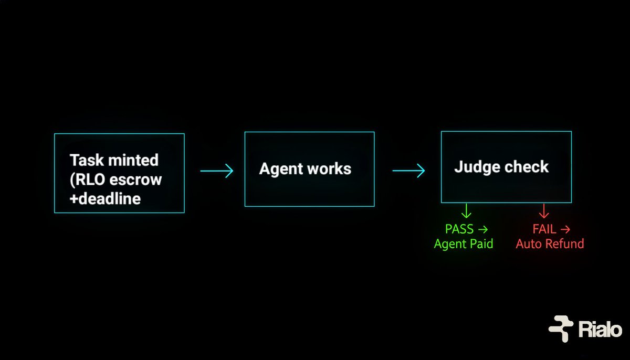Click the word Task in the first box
[85, 160]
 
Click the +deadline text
[105, 199]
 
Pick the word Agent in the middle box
[281, 169]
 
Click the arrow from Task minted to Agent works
[216, 171]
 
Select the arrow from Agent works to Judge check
[408, 171]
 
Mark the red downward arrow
[544, 211]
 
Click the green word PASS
[459, 229]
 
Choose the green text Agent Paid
[464, 243]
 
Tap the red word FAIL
[544, 229]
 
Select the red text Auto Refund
[550, 243]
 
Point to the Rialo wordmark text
[601, 330]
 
